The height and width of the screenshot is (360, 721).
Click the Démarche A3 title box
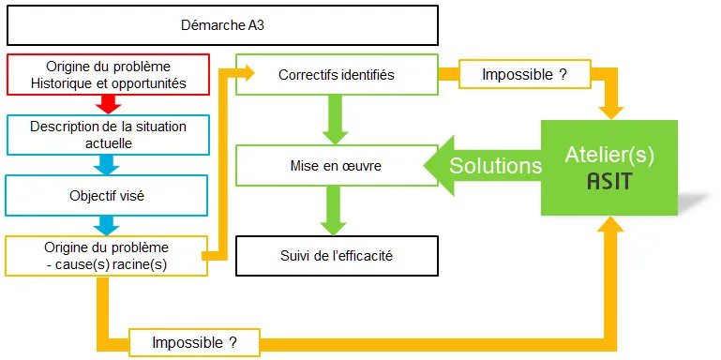[222, 25]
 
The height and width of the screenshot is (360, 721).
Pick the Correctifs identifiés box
[337, 74]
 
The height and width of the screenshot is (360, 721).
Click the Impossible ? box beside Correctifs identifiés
[523, 74]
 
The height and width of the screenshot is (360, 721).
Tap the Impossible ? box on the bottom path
[194, 343]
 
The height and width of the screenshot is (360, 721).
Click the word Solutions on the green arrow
[496, 166]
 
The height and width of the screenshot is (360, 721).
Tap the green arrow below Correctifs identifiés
[337, 119]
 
